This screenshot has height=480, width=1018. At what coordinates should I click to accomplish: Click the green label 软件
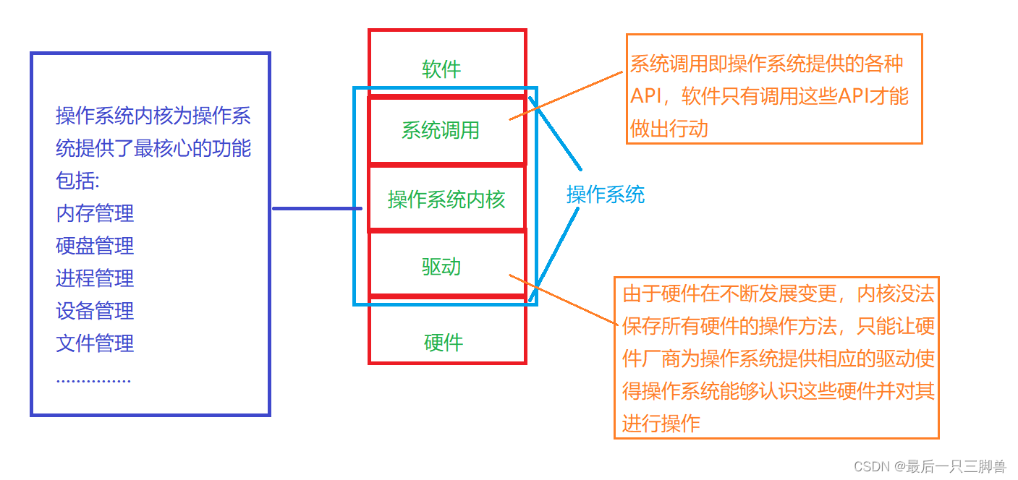(441, 69)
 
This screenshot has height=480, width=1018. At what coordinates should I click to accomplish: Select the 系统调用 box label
(441, 131)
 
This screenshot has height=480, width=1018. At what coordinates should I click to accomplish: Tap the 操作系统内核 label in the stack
(446, 200)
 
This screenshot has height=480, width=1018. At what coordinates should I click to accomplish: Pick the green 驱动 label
(441, 267)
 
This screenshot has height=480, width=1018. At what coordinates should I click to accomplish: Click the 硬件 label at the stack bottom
(443, 343)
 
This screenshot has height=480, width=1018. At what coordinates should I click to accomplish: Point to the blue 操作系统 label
(605, 194)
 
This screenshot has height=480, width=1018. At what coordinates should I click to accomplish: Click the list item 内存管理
(95, 214)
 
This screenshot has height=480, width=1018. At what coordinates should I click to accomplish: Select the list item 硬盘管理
(95, 246)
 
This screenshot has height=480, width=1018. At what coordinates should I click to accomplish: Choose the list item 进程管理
(95, 278)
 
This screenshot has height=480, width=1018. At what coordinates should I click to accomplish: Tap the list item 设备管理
(95, 311)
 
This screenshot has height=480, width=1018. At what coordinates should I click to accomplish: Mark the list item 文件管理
(95, 343)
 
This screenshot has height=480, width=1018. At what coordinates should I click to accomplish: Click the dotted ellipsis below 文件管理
(93, 379)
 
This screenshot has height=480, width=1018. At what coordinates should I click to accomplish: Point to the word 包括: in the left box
(78, 181)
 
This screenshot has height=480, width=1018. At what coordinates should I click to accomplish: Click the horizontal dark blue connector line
(316, 209)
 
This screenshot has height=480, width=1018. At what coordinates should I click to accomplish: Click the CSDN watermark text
(929, 466)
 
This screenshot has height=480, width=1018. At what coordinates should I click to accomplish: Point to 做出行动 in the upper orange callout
(669, 129)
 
